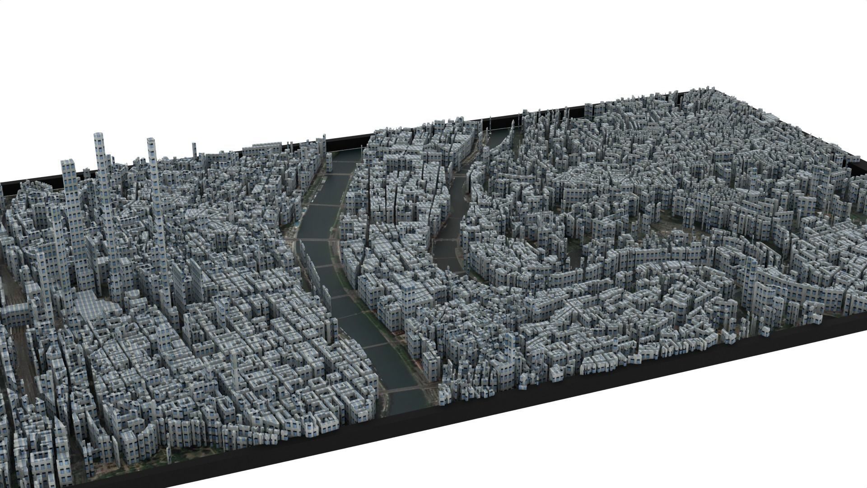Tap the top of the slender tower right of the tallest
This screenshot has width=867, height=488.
click(152, 140)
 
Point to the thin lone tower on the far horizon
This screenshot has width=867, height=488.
click(194, 145)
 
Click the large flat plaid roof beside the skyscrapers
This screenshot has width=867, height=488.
click(90, 303)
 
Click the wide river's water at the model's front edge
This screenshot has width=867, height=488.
click(406, 407)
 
